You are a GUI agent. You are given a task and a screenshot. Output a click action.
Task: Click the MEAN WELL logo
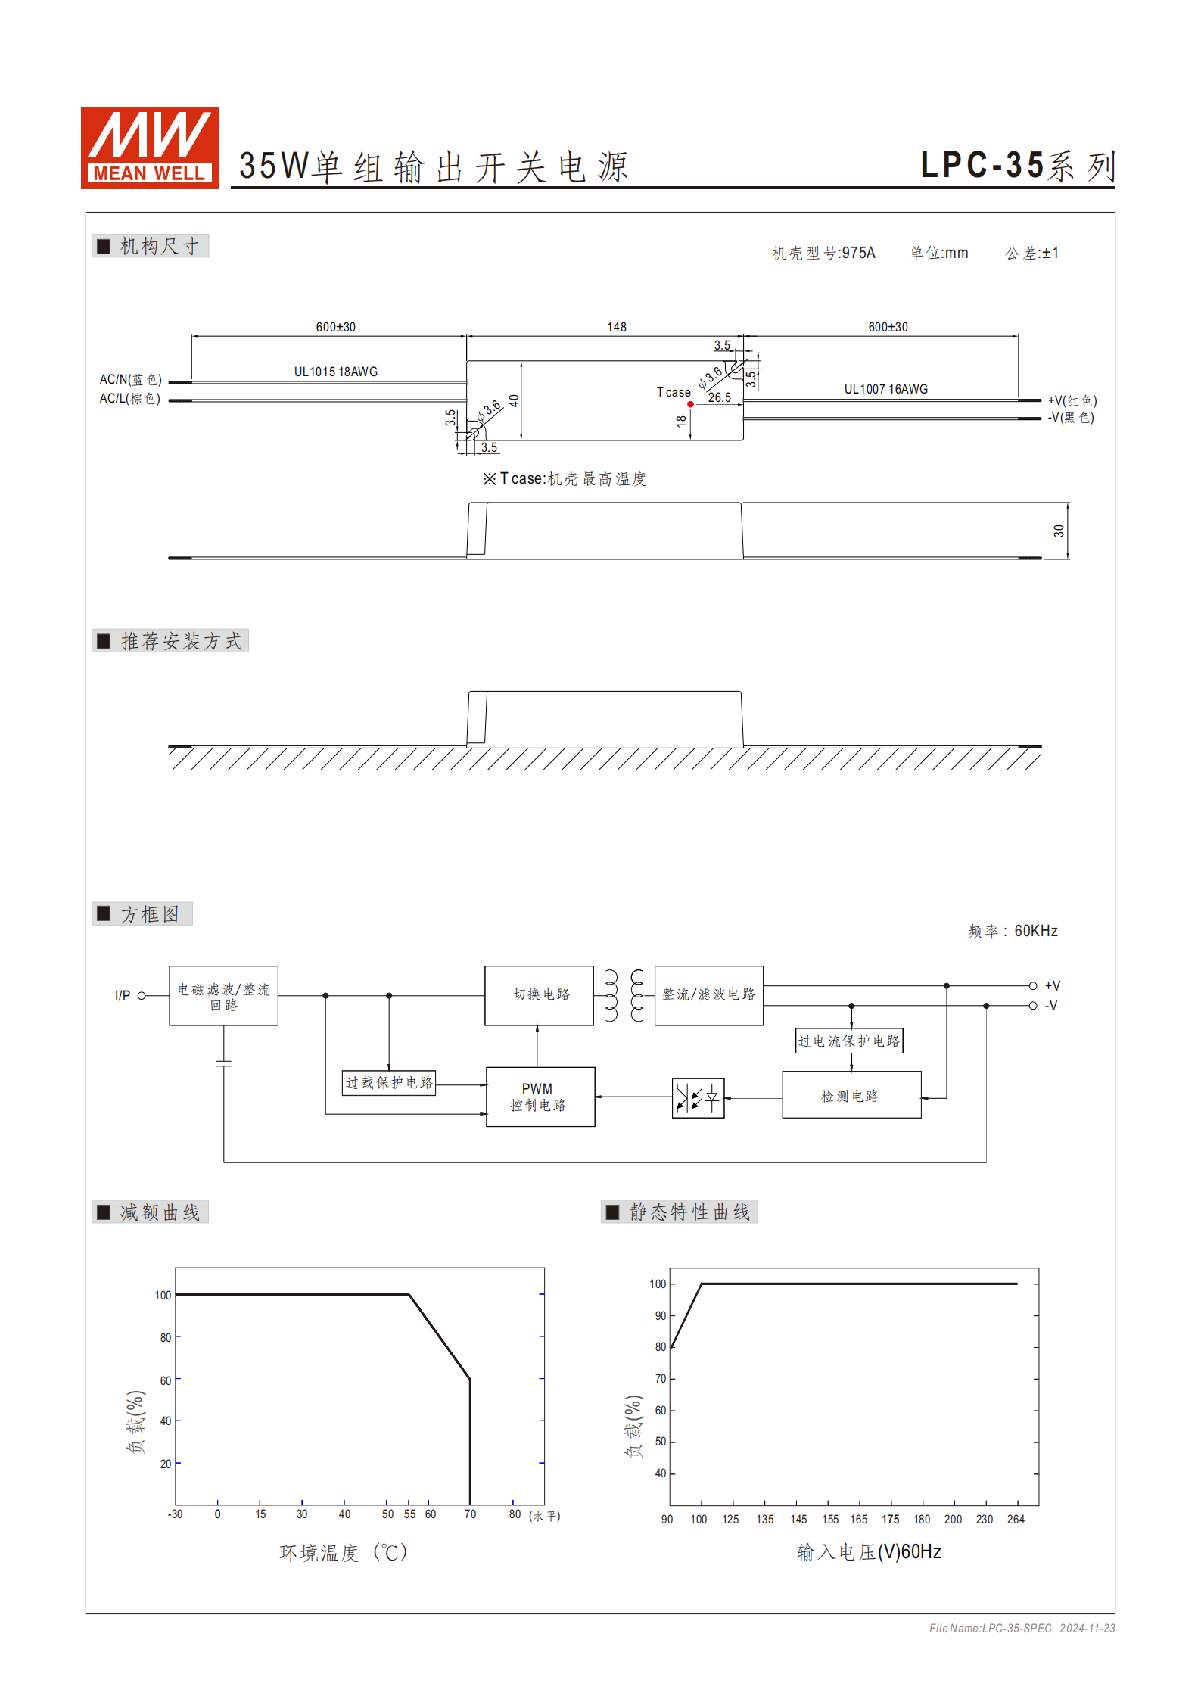pyautogui.click(x=150, y=148)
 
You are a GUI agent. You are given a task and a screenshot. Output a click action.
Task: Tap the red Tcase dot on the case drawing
pyautogui.click(x=690, y=404)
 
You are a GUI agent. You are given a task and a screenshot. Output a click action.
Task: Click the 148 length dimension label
pyautogui.click(x=617, y=327)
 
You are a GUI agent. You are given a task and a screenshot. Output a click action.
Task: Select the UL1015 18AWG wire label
pyautogui.click(x=335, y=372)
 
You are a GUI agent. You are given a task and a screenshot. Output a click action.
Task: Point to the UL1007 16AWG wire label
pyautogui.click(x=885, y=389)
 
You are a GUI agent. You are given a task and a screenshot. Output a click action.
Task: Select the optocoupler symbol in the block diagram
pyautogui.click(x=698, y=1097)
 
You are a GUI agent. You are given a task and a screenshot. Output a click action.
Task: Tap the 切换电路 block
pyautogui.click(x=539, y=995)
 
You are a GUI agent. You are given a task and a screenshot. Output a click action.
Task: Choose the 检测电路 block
pyautogui.click(x=851, y=1095)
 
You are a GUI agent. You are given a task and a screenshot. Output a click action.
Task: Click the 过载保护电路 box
pyautogui.click(x=389, y=1082)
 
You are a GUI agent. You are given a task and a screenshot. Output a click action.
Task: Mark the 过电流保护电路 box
pyautogui.click(x=849, y=1041)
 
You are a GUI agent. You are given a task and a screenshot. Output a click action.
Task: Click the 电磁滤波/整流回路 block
pyautogui.click(x=223, y=996)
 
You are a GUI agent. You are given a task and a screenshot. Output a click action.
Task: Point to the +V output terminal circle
pyautogui.click(x=1032, y=985)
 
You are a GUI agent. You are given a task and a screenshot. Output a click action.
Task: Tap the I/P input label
pyautogui.click(x=123, y=995)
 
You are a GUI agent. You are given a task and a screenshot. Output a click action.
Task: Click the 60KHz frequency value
pyautogui.click(x=1035, y=931)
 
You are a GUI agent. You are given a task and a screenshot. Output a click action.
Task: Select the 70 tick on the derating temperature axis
pyautogui.click(x=470, y=1514)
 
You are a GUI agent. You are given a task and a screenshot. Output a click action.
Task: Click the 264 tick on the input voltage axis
pyautogui.click(x=1016, y=1519)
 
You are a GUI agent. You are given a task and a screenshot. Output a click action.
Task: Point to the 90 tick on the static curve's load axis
pyautogui.click(x=661, y=1315)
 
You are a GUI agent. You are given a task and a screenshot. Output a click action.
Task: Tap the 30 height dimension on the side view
pyautogui.click(x=1059, y=531)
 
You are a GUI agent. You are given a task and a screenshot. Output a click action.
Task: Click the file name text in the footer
pyautogui.click(x=990, y=1628)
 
